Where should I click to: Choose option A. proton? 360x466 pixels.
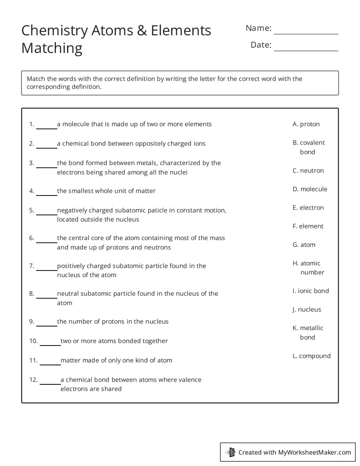(x=306, y=124)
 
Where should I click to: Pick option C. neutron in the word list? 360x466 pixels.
(x=308, y=170)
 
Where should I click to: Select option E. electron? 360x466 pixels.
(x=308, y=207)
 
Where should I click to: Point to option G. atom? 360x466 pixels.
(x=304, y=244)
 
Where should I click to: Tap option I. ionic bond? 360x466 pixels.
(x=311, y=291)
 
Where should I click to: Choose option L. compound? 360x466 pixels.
(x=311, y=356)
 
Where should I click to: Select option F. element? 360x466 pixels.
(x=308, y=226)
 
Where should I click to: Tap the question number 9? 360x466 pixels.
(x=31, y=321)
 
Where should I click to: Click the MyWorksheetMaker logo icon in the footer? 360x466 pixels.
(x=230, y=452)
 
